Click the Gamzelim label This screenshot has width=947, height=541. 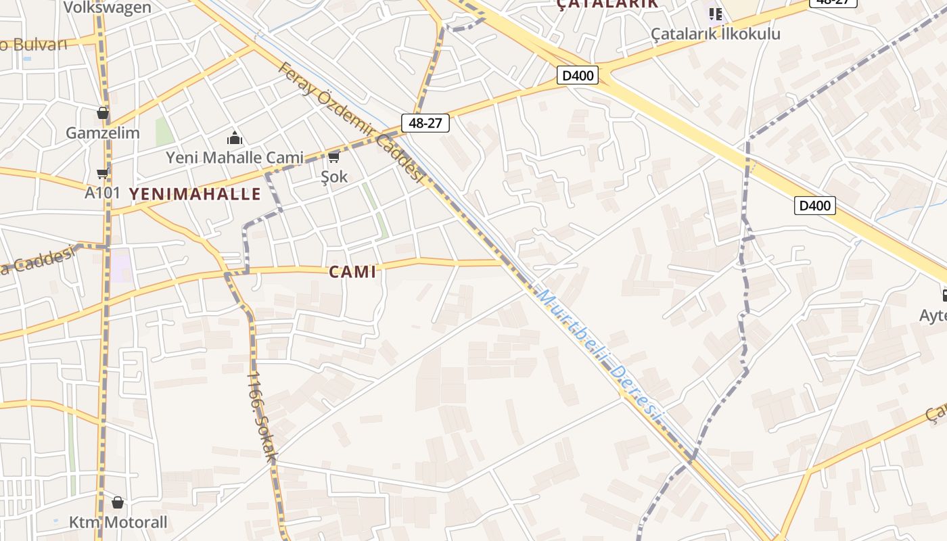(x=103, y=133)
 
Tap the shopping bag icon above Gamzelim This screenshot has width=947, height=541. (x=103, y=113)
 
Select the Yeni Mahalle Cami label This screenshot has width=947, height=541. (x=235, y=158)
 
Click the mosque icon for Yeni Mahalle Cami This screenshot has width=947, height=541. (x=235, y=139)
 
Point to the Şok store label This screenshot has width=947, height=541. (x=334, y=177)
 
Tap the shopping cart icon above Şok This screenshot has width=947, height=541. (x=333, y=158)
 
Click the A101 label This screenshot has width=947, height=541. (x=103, y=193)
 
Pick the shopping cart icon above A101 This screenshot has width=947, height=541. (x=102, y=174)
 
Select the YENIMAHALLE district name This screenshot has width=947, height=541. (x=195, y=194)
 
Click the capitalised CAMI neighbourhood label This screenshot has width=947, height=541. (x=352, y=272)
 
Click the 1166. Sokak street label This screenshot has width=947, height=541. (x=262, y=416)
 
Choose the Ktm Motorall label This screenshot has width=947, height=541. (x=118, y=523)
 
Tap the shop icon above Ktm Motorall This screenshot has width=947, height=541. (x=118, y=502)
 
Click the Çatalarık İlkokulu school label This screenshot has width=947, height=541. (x=716, y=34)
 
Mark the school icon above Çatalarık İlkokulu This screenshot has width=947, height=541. (x=716, y=14)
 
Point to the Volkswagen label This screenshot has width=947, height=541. (x=108, y=7)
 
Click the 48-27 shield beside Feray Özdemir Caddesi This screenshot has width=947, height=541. (x=425, y=123)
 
